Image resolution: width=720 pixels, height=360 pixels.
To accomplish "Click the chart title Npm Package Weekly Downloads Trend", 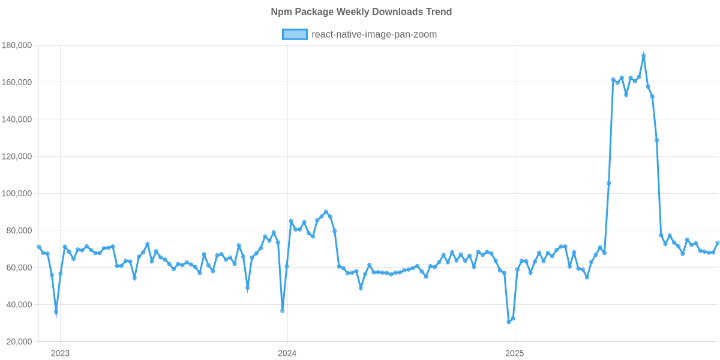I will click(361, 12).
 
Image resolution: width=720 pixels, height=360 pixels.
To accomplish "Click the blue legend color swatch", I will click(295, 34).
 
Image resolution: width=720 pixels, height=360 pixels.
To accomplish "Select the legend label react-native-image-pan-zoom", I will click(374, 34).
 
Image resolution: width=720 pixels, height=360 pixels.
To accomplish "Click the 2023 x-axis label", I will click(60, 353).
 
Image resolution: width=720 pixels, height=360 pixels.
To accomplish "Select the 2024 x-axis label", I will click(287, 353).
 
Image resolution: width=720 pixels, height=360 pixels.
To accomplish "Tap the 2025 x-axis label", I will click(514, 353).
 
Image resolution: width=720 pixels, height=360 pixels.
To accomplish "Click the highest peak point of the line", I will click(643, 55).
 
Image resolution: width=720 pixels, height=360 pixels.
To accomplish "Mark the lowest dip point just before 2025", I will click(509, 322).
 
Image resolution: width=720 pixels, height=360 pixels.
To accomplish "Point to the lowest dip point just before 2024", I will click(283, 311).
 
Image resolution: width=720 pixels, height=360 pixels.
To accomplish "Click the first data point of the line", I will click(38, 246).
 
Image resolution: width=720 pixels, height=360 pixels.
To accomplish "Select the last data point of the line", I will click(718, 243).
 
